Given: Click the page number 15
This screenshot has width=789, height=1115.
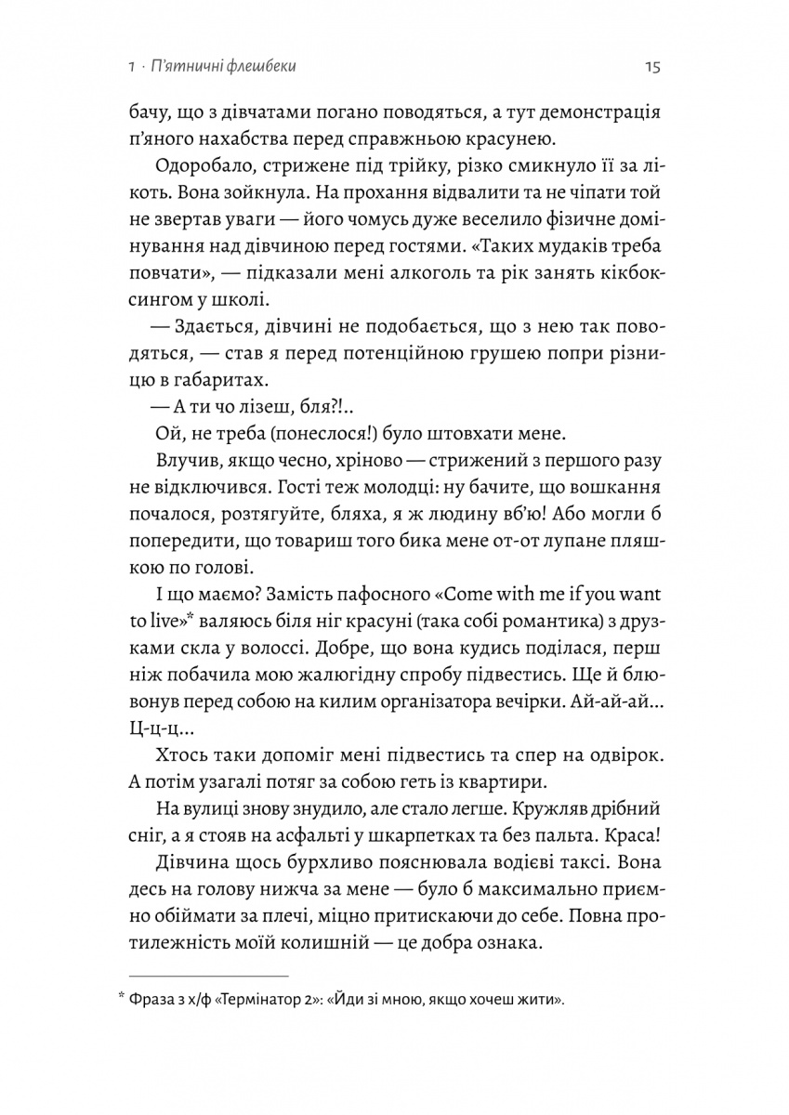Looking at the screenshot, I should [x=651, y=67].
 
